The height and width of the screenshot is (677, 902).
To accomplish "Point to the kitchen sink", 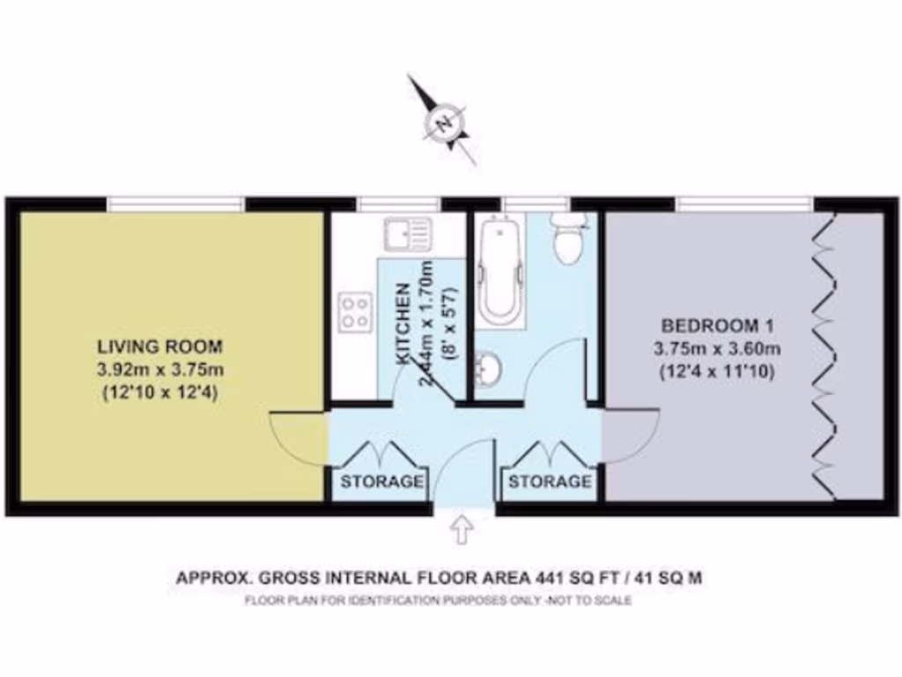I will (x=406, y=234).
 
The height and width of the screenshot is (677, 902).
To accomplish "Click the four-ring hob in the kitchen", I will (x=355, y=310).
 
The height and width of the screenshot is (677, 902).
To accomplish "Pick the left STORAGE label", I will (x=382, y=482).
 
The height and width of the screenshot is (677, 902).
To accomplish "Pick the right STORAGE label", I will (x=550, y=482).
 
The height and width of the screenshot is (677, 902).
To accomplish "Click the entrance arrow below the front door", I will (x=462, y=531).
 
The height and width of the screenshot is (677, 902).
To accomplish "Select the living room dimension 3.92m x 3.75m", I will (x=160, y=368).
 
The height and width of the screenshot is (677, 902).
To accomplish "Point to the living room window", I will (x=175, y=205).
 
